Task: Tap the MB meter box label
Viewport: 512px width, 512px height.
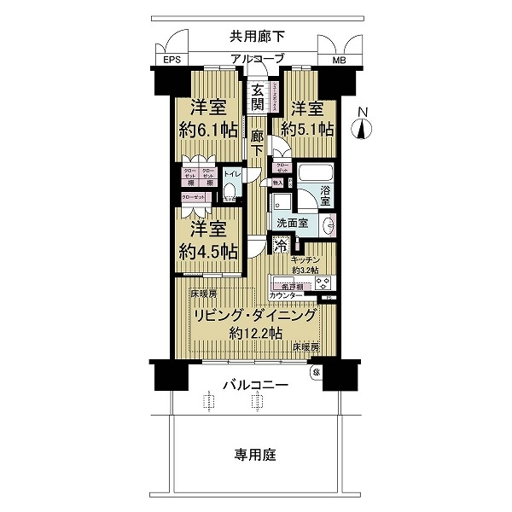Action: (x=340, y=61)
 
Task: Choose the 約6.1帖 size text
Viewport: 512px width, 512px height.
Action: (x=208, y=131)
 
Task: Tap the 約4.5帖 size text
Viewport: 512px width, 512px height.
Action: (x=208, y=252)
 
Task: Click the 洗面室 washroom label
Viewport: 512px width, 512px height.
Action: (x=291, y=224)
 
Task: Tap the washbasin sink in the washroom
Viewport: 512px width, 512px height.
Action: (x=329, y=224)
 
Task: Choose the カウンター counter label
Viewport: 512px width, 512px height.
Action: (x=285, y=295)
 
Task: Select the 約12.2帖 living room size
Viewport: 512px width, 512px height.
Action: (x=256, y=334)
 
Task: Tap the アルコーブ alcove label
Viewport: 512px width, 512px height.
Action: (x=256, y=59)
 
